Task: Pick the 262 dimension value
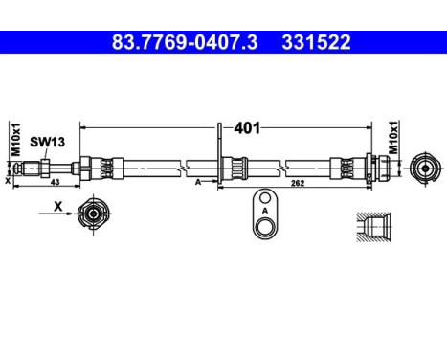(x=297, y=186)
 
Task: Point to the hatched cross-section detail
(x=372, y=226)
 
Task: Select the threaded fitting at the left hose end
(x=43, y=168)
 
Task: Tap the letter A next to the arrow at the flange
(x=197, y=180)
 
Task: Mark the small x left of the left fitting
(x=8, y=179)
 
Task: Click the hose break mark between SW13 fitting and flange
(x=180, y=168)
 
